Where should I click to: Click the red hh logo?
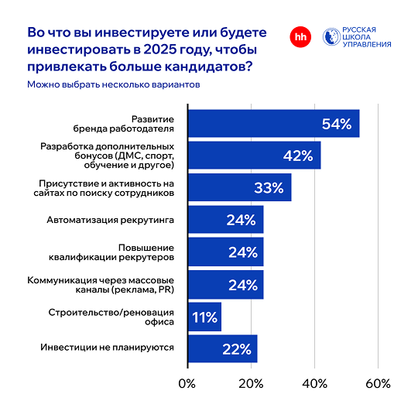pos(299,36)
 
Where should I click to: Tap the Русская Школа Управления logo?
pos(356,36)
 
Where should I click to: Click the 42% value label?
pos(296,156)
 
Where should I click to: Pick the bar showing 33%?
pos(239,188)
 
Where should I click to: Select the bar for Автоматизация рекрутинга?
pos(225,220)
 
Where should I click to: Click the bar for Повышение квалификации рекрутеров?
pos(225,252)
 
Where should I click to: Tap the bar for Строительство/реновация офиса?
pos(204,316)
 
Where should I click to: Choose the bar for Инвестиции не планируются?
pos(222,348)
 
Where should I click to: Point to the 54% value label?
pos(337,124)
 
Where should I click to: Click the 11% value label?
pos(204,316)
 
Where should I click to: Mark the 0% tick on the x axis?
pos(187,383)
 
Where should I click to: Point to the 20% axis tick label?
pos(250,383)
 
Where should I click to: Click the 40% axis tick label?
pos(314,383)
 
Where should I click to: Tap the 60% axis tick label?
pos(378,383)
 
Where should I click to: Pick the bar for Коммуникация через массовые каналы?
pos(225,284)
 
